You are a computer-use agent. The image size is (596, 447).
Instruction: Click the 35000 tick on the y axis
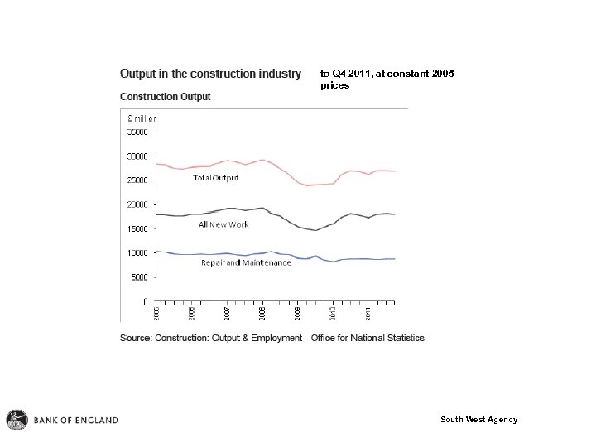(137, 131)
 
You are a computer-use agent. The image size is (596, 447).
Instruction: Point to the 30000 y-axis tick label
(137, 156)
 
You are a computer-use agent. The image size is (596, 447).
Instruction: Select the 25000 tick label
(137, 180)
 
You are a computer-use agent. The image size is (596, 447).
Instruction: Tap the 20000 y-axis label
(137, 204)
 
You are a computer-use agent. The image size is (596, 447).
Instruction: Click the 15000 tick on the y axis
(137, 228)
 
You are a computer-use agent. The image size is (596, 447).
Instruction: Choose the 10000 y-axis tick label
(137, 252)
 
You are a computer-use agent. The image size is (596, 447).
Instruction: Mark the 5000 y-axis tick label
(139, 277)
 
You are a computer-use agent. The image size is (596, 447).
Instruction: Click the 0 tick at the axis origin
(146, 301)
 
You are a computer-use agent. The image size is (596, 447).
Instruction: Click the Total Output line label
(215, 178)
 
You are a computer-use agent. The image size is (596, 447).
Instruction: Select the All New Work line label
(223, 224)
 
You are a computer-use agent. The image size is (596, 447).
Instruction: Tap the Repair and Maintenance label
(246, 263)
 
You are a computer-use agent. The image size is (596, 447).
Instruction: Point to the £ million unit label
(142, 118)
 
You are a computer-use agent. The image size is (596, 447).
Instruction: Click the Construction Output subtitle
(166, 97)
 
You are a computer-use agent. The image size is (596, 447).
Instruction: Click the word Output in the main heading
(142, 74)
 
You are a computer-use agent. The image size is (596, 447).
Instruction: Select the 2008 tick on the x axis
(262, 313)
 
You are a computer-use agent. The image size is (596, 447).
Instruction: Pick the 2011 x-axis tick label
(368, 313)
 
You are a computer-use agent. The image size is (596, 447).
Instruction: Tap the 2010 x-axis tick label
(333, 313)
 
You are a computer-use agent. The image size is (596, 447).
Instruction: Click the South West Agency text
(478, 420)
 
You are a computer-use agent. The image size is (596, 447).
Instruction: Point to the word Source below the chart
(137, 338)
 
